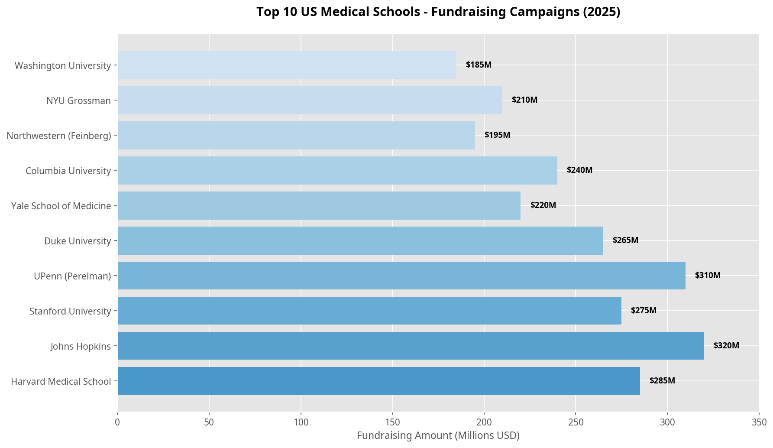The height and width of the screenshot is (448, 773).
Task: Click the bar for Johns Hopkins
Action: (x=411, y=346)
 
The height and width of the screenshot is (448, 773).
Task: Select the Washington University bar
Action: (x=287, y=65)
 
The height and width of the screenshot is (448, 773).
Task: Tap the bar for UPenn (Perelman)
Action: (x=401, y=276)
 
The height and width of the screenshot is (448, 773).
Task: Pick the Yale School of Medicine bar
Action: (x=319, y=205)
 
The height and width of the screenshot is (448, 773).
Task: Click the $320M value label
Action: (x=726, y=346)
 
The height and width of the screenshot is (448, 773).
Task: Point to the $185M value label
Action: (x=479, y=65)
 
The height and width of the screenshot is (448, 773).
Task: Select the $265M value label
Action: (x=625, y=240)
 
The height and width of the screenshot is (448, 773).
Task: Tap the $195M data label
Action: (x=497, y=135)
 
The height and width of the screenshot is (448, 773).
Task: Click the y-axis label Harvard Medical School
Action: (x=61, y=381)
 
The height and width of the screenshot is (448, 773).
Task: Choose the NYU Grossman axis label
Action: (x=79, y=101)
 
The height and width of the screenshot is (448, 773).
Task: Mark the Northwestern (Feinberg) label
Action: (x=59, y=136)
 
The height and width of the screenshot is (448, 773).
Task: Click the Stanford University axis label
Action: (x=70, y=311)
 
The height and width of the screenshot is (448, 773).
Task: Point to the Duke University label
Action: (x=78, y=241)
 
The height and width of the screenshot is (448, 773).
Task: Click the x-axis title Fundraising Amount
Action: (x=438, y=435)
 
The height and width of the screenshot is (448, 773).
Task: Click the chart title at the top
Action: (x=438, y=12)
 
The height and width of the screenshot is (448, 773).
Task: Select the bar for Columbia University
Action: (x=337, y=170)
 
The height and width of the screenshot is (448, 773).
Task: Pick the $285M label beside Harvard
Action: (x=662, y=381)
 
